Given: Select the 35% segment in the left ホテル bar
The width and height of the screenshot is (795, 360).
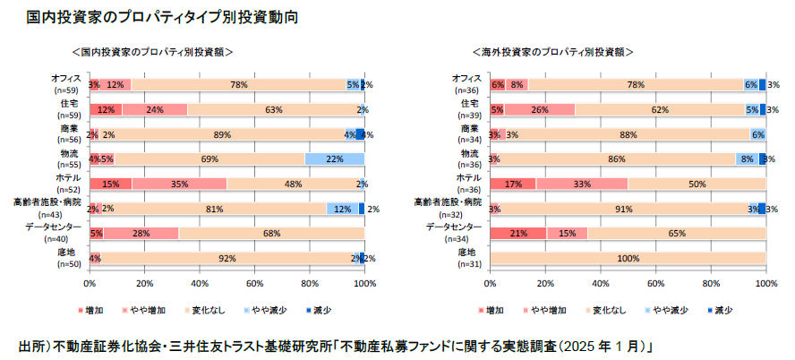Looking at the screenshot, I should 179,184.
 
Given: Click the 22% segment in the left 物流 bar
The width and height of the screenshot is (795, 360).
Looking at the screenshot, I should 335,159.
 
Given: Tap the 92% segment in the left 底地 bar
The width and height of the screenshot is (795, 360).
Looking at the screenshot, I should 227,258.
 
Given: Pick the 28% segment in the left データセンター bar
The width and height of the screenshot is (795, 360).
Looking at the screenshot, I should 141,233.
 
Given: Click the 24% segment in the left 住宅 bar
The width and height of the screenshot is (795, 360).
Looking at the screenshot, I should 154,109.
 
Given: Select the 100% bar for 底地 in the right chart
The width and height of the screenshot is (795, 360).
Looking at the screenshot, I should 628,258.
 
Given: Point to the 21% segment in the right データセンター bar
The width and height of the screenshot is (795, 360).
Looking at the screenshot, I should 518,233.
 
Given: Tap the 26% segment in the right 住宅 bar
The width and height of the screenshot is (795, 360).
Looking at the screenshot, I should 539,109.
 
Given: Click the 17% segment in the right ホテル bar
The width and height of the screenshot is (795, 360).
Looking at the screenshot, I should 513,184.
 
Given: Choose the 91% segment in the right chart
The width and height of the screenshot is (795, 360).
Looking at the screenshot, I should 621,209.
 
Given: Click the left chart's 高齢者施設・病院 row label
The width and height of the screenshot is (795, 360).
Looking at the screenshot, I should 44,202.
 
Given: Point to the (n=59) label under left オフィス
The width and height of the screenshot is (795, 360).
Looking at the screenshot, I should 66,90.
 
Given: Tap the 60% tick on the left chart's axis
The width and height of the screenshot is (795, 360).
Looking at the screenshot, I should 254,283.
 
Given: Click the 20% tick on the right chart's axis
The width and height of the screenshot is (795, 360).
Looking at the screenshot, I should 545,283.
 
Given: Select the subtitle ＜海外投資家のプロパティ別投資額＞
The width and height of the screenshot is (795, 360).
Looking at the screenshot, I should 553,53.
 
